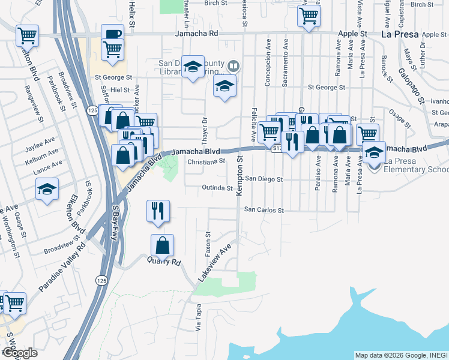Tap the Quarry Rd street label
[x=163, y=262]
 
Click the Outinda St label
[x=216, y=188]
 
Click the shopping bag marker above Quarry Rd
[x=162, y=245]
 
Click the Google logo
[x=19, y=353]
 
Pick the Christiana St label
[x=206, y=161]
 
